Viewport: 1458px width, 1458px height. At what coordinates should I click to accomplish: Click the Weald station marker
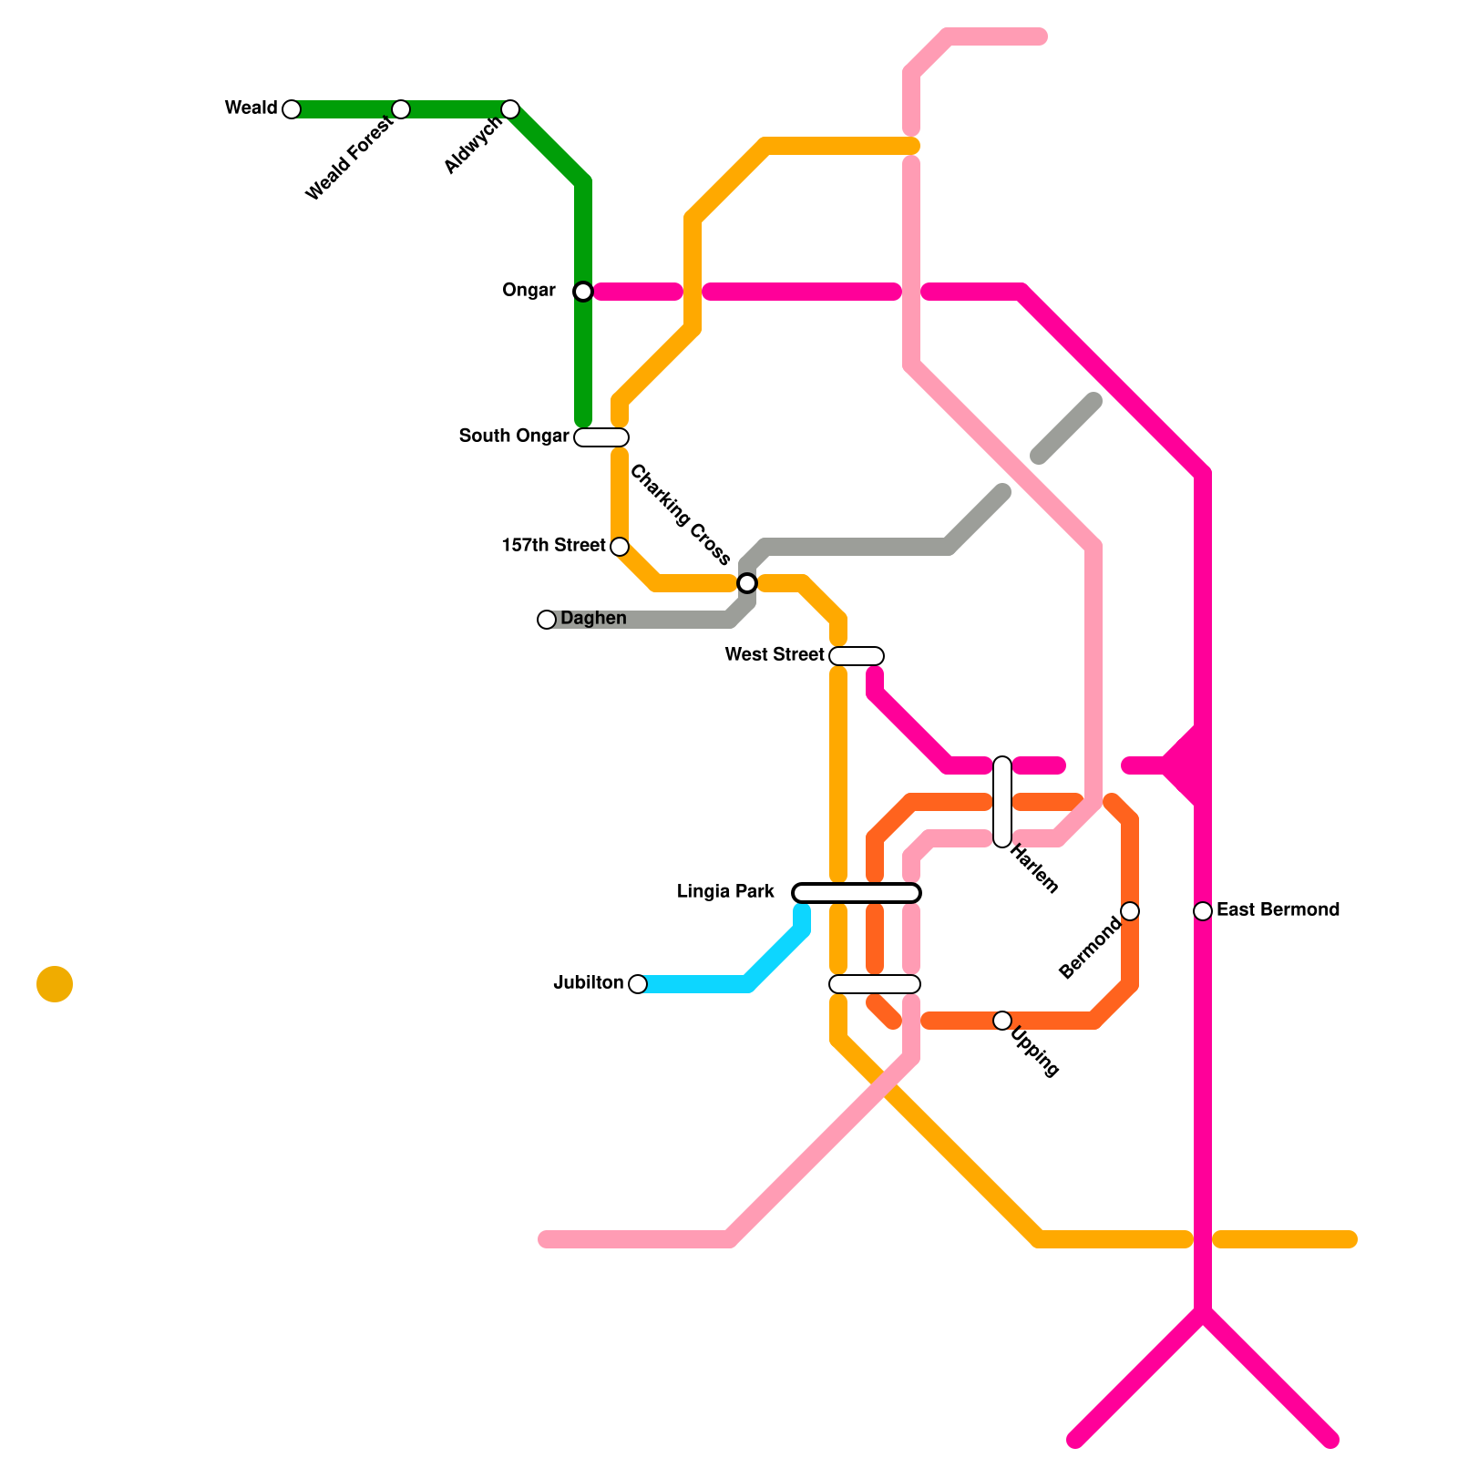point(291,109)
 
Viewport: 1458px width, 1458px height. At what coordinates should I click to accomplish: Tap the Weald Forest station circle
point(400,109)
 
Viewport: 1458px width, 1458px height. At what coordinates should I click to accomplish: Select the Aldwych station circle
point(510,109)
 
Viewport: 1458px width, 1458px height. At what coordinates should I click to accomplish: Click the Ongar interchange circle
point(583,292)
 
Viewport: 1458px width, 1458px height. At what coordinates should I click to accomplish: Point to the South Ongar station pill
point(601,437)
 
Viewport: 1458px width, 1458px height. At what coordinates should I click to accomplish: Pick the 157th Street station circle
point(620,547)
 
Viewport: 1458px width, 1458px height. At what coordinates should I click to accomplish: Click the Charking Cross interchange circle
point(747,583)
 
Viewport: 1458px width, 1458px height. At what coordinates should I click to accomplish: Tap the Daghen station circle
point(547,620)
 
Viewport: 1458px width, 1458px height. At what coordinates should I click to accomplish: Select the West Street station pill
point(857,656)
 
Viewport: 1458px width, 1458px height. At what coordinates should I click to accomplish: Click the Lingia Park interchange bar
point(857,893)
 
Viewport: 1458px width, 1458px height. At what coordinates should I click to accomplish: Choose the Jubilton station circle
point(638,984)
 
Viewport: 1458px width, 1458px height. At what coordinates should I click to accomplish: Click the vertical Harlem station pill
point(1002,802)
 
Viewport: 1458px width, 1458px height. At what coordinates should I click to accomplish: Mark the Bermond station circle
point(1130,911)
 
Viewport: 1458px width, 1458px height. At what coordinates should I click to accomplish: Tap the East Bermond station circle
point(1203,911)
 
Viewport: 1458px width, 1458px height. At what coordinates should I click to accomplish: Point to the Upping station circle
point(1002,1021)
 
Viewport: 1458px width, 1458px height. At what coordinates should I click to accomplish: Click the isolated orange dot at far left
point(55,984)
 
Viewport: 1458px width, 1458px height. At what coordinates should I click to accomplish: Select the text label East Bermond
point(1278,910)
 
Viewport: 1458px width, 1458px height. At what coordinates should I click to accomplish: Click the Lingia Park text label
point(725,892)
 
